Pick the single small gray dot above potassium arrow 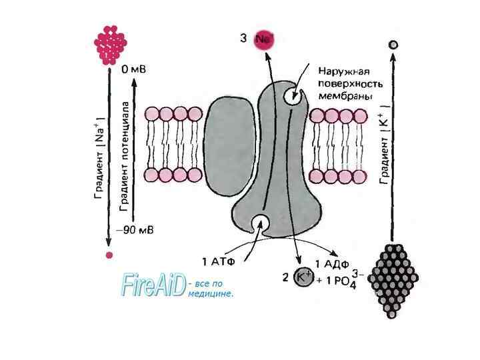[393, 45]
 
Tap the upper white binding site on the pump [291, 96]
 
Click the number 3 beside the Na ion [244, 39]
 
